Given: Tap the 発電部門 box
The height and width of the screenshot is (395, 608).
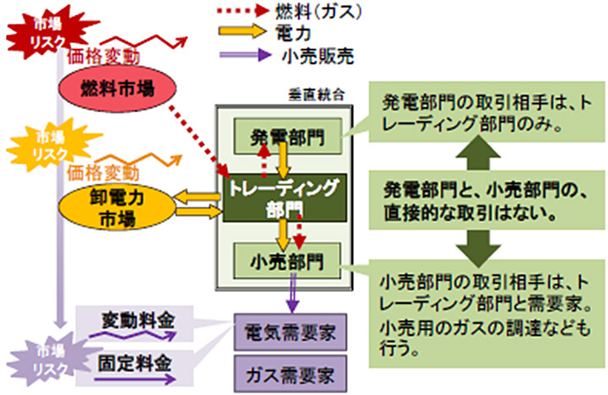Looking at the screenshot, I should pyautogui.click(x=288, y=135).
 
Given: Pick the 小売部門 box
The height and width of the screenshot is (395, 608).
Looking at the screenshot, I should pyautogui.click(x=288, y=257).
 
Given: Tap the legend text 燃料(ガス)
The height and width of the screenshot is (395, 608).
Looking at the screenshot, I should pyautogui.click(x=318, y=11).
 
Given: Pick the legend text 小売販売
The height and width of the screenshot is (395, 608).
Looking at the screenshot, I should pyautogui.click(x=316, y=58).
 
